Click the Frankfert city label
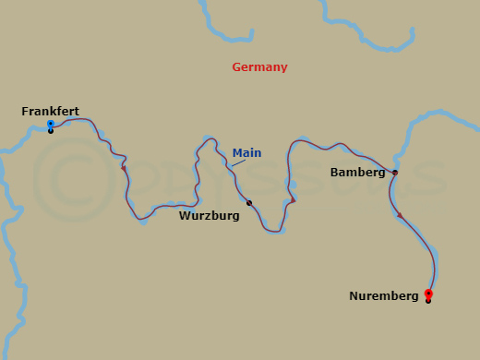click(50, 112)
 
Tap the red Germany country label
click(259, 67)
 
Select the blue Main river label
click(246, 153)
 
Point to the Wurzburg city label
click(210, 216)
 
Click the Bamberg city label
click(357, 173)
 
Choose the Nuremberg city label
click(384, 296)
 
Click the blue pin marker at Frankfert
click(51, 124)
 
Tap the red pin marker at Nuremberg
click(428, 294)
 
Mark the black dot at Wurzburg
click(249, 203)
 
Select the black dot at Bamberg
click(395, 173)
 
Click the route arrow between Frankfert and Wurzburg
click(124, 168)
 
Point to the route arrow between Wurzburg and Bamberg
click(293, 199)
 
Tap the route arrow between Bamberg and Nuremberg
click(400, 215)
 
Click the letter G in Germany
click(237, 67)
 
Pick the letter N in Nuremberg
click(354, 296)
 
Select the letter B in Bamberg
click(334, 173)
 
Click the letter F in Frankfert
click(25, 112)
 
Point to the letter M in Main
click(236, 153)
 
